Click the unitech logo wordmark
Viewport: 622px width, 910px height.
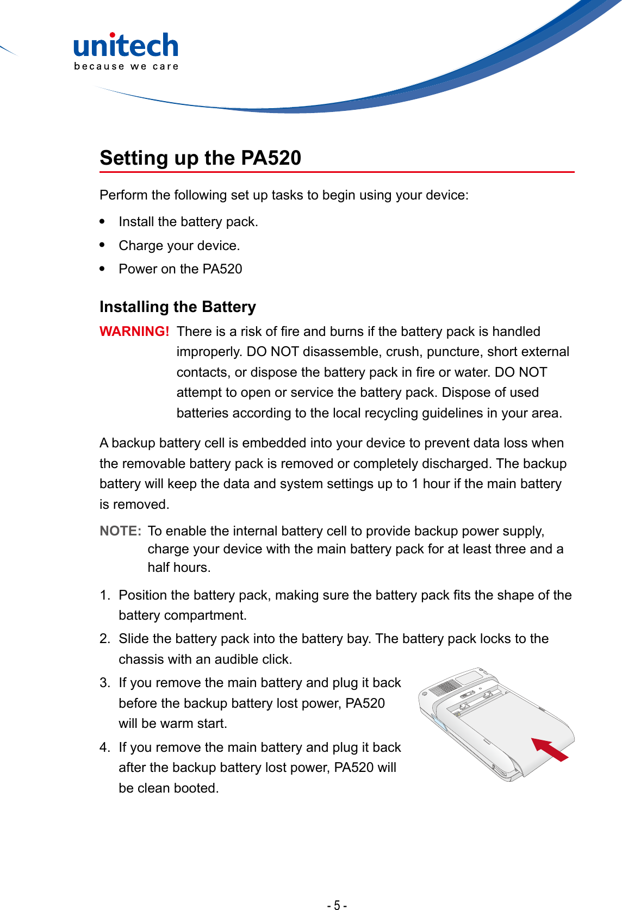[126, 46]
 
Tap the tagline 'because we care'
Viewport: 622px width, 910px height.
[126, 66]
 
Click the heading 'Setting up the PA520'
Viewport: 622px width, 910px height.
[200, 158]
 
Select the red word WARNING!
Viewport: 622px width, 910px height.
[134, 332]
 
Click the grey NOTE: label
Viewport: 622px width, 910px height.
[120, 531]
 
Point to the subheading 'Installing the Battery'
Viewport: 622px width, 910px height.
[177, 307]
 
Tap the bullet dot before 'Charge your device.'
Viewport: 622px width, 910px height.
[102, 245]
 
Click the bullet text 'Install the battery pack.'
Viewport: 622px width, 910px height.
[188, 222]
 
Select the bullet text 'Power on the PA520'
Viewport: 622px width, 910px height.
[180, 269]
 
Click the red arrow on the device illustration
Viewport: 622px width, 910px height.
[549, 749]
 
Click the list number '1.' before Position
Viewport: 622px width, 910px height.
[105, 595]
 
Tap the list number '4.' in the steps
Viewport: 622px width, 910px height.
[105, 747]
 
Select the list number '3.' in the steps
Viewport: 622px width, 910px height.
[105, 683]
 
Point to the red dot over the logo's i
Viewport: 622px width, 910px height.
[112, 35]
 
